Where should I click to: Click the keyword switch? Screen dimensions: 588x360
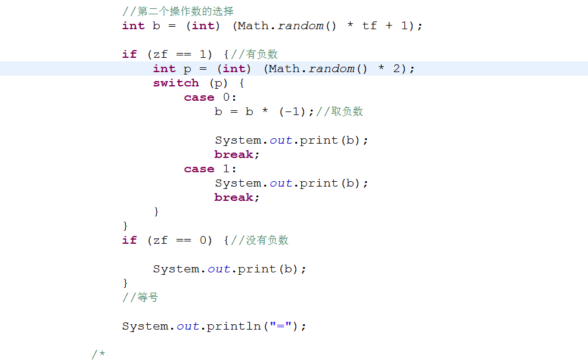(176, 83)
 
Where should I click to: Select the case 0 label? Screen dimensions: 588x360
(210, 97)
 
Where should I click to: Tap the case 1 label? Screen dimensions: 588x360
(210, 169)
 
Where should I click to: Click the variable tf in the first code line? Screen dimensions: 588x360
(369, 26)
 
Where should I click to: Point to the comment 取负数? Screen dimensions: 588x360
(347, 111)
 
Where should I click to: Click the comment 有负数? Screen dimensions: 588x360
(262, 54)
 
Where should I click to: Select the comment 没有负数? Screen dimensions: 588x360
(267, 240)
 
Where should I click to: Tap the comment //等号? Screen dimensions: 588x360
(140, 297)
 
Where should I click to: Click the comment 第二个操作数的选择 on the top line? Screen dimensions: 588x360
(185, 11)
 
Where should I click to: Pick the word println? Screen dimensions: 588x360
(234, 326)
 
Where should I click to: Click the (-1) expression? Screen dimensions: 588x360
(292, 111)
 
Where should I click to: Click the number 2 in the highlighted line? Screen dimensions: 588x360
(397, 69)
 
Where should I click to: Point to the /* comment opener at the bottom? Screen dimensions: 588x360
(98, 355)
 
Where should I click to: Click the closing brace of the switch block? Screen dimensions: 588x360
(156, 212)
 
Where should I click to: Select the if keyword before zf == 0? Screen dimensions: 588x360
(129, 240)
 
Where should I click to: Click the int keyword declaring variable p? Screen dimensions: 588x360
(164, 69)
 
